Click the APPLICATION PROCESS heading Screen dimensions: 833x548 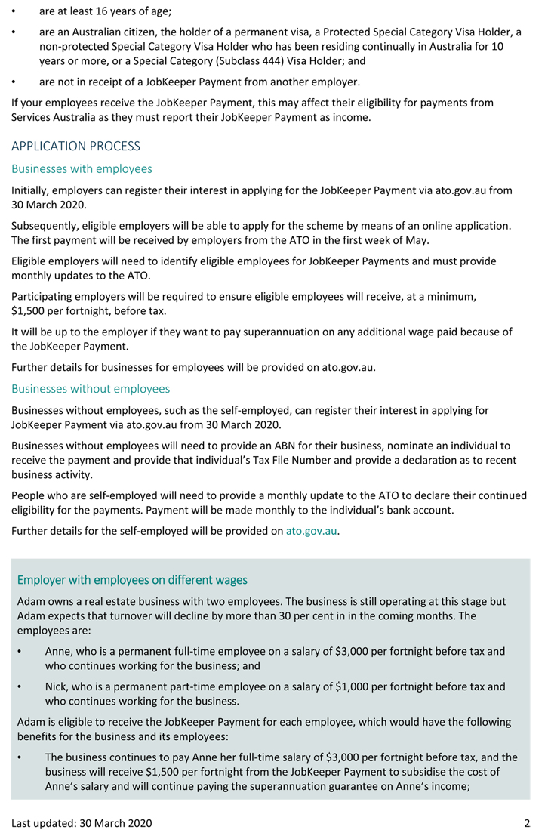pyautogui.click(x=75, y=146)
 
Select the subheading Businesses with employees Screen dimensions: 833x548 pyautogui.click(x=82, y=168)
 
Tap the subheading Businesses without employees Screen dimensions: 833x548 pyautogui.click(x=91, y=389)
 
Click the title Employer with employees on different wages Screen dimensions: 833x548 pyautogui.click(x=132, y=580)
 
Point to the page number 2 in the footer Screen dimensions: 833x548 pyautogui.click(x=527, y=822)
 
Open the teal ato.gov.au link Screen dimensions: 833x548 pyautogui.click(x=311, y=531)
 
